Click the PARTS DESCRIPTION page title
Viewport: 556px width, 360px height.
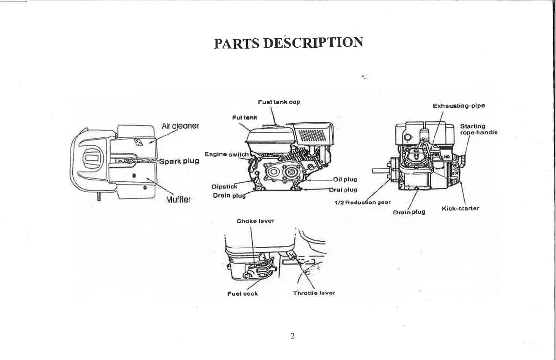click(288, 43)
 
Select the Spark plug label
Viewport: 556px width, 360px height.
click(179, 161)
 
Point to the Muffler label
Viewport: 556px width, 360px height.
click(179, 199)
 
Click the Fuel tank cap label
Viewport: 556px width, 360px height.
click(279, 102)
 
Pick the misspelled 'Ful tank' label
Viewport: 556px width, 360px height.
click(244, 117)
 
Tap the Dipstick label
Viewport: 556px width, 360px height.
click(225, 186)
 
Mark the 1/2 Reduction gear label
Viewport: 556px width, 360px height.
click(362, 202)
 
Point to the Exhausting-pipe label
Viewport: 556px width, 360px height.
click(459, 106)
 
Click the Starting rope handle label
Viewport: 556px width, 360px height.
click(478, 130)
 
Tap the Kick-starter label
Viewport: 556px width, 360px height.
click(460, 209)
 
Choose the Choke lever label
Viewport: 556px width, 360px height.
click(255, 221)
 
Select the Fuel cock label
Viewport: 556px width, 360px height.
click(242, 294)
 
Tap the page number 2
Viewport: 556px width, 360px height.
click(293, 336)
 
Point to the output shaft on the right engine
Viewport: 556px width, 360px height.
click(379, 171)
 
